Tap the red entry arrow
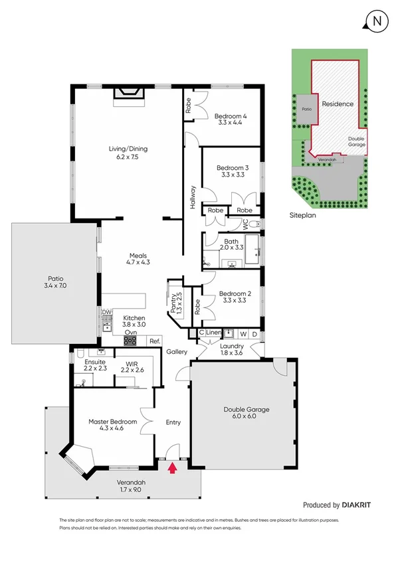pos(172,469)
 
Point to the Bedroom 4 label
pos(231,118)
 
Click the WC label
pos(245,224)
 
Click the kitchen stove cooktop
pos(130,341)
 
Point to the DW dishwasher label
pos(106,312)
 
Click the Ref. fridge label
pos(155,341)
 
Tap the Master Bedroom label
pos(113,426)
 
